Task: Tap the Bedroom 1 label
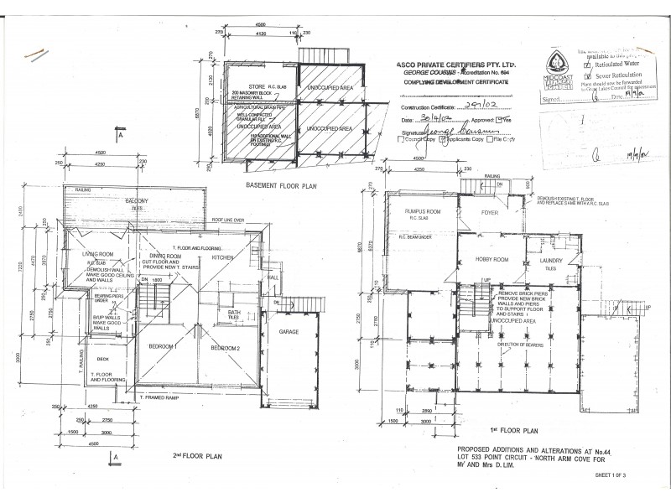point(166,346)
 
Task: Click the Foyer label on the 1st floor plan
point(489,212)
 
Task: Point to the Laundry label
point(551,261)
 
